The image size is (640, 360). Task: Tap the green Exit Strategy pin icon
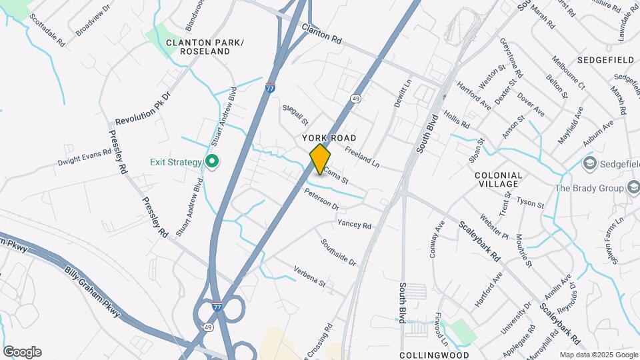click(x=213, y=162)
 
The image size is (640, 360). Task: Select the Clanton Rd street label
click(x=321, y=35)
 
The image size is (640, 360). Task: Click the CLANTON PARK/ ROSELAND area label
click(x=205, y=47)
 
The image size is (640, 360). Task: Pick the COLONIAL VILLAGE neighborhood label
click(x=498, y=180)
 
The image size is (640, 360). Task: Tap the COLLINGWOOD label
click(x=434, y=355)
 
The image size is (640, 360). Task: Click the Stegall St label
click(x=295, y=114)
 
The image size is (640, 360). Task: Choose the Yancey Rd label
click(x=354, y=225)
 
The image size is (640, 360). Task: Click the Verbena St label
click(x=309, y=278)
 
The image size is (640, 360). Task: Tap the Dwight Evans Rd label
click(x=84, y=157)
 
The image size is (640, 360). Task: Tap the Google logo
click(x=22, y=352)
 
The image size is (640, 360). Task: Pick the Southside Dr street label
click(x=339, y=253)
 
